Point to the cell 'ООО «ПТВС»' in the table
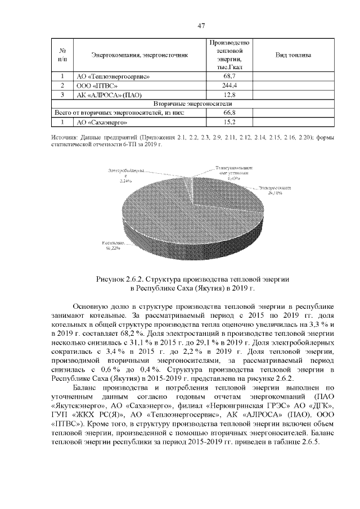coord(96,85)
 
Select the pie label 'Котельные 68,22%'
coord(112,245)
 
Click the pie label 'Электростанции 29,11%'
coord(274,190)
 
